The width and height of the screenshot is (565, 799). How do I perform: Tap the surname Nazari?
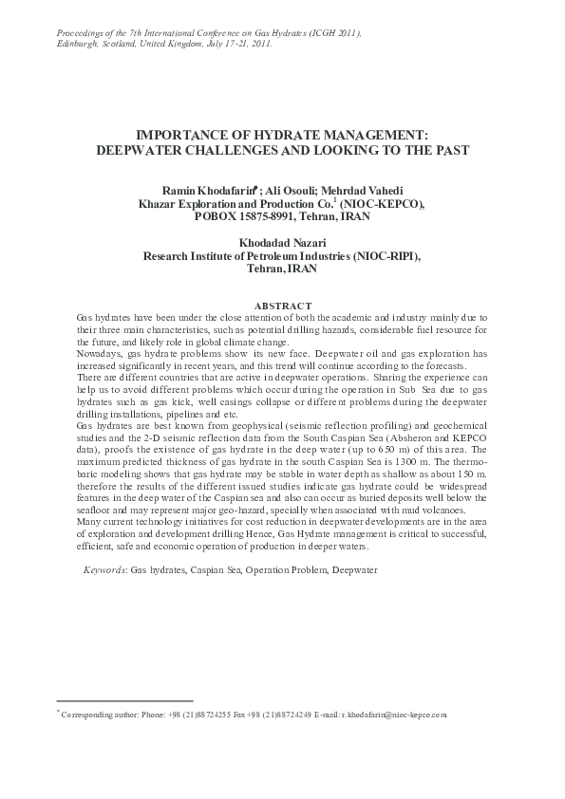(309, 243)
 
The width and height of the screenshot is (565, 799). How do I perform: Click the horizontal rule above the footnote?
(124, 700)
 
